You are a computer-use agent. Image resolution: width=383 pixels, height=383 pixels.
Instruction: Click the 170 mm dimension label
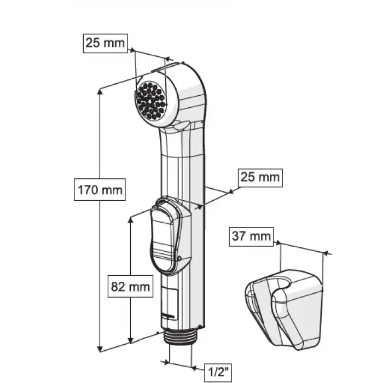click(100, 190)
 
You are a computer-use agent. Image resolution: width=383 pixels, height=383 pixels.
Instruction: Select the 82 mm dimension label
click(130, 286)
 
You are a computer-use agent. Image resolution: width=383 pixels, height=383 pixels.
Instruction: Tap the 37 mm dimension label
click(251, 236)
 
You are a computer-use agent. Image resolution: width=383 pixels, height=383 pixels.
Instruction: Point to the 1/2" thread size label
click(218, 373)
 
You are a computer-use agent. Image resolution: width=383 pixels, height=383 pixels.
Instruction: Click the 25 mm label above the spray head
click(105, 43)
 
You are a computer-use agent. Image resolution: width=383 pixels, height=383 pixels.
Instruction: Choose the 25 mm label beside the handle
click(260, 178)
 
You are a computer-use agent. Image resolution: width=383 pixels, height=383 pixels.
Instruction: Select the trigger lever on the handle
click(163, 240)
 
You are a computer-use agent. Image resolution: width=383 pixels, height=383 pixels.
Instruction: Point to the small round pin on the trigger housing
click(179, 258)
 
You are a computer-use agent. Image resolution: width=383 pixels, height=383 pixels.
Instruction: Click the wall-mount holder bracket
click(284, 310)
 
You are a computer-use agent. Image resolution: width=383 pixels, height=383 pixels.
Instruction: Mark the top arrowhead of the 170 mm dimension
click(100, 91)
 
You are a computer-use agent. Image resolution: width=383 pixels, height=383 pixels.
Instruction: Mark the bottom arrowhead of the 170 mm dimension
click(100, 349)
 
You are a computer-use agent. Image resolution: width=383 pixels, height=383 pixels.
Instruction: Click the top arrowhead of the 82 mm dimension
click(131, 219)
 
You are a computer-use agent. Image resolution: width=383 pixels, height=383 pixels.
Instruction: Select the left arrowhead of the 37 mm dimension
click(278, 243)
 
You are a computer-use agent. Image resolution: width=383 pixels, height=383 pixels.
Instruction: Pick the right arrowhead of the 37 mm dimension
click(325, 253)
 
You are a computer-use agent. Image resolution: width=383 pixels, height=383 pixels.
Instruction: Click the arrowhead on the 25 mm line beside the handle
click(230, 191)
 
